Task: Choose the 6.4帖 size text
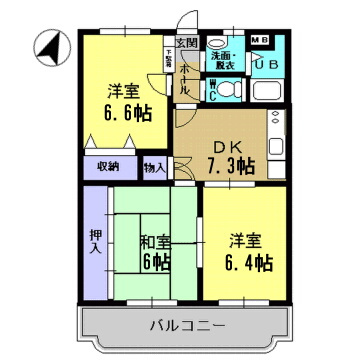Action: (x=249, y=263)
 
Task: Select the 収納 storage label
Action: (x=107, y=166)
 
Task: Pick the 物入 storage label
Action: (x=155, y=167)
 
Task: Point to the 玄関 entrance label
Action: (x=187, y=43)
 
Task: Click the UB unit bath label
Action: (x=267, y=63)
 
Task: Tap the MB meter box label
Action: (x=259, y=40)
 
